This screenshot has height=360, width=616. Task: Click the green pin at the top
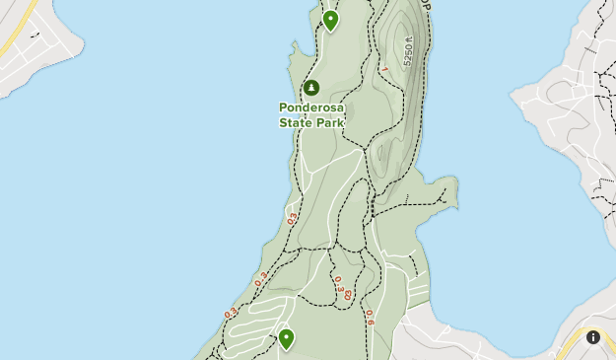pos(330,20)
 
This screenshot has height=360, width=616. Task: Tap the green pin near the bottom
pos(286,338)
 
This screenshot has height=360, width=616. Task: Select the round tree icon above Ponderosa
pos(311,89)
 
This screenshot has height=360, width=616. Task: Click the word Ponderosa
pos(311,108)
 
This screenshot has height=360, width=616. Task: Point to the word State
pos(296,122)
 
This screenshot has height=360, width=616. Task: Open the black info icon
pos(593,337)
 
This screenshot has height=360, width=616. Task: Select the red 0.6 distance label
pos(370,317)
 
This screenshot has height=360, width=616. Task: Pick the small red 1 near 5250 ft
pos(385,68)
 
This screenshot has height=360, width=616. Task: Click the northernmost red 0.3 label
pos(293,219)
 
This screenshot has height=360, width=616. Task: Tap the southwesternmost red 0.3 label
pos(231,314)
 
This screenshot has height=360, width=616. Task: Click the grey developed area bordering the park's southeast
pos(434,335)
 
